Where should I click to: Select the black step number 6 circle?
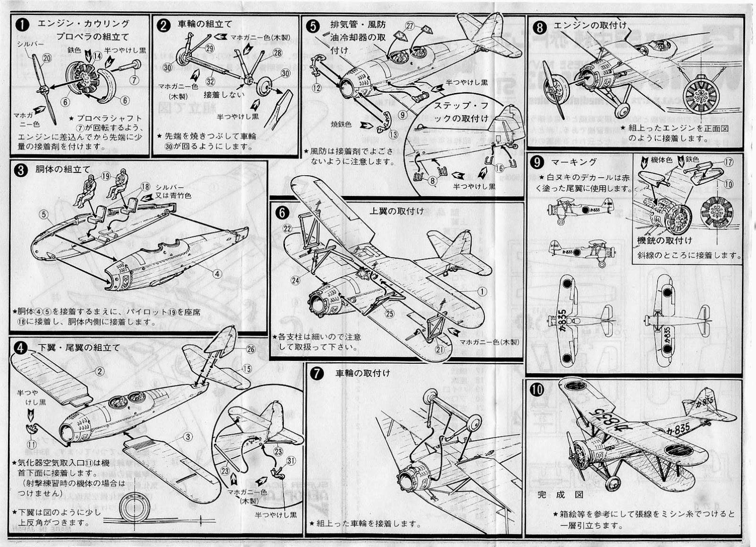coord(283,213)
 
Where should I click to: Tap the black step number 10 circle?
coord(538,390)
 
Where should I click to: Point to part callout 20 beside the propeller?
coord(46,58)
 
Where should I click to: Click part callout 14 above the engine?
coord(97,56)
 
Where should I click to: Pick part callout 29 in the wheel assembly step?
coord(210,49)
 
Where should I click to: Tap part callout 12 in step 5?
coord(317,87)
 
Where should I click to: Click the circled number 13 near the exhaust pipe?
coord(394,134)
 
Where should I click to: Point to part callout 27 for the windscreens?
coord(410,26)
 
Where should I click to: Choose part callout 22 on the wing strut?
coord(287,228)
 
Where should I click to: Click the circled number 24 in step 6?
coord(295,280)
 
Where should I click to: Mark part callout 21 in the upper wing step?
coord(440,350)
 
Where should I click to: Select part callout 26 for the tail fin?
coord(250,349)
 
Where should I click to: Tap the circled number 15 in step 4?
coord(247,369)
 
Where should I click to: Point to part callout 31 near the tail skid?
coord(291,462)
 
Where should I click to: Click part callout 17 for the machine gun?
coord(728,162)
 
